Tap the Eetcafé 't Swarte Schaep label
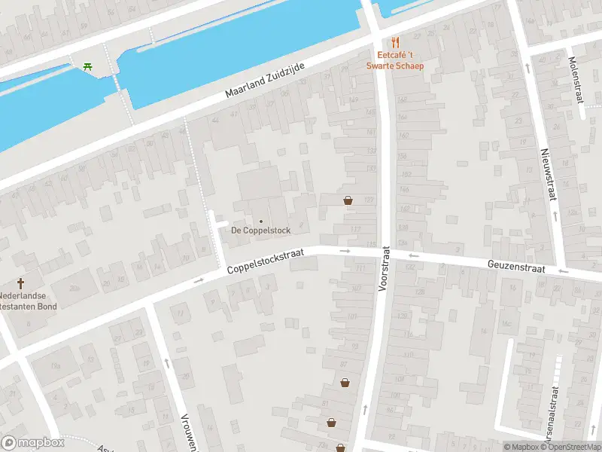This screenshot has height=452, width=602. click(x=396, y=60)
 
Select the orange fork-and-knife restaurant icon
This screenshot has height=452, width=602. click(x=396, y=42)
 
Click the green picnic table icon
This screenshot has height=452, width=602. click(x=89, y=66)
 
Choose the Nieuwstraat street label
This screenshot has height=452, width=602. click(x=548, y=174)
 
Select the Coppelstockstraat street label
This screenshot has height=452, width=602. click(x=266, y=261)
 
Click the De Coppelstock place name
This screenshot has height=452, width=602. click(x=260, y=231)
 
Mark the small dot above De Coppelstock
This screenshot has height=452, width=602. click(x=260, y=221)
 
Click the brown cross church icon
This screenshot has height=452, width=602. click(x=21, y=283)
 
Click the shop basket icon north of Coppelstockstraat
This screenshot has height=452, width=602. click(x=348, y=200)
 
